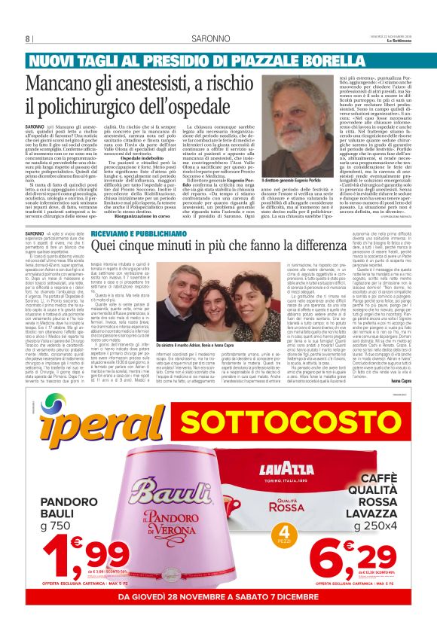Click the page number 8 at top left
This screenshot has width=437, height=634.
point(28,39)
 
